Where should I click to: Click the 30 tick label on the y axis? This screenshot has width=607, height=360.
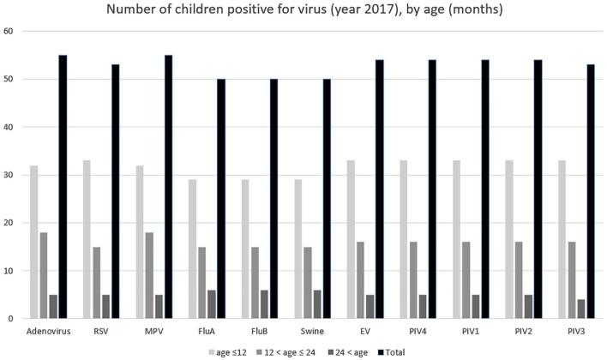point(11,175)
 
